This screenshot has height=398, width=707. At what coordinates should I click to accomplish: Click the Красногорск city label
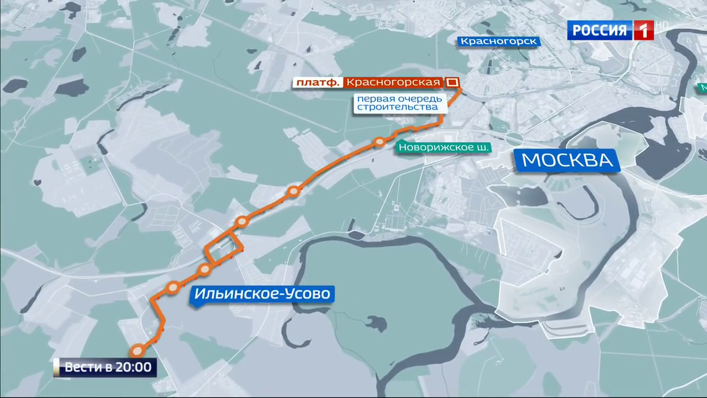pos(498,41)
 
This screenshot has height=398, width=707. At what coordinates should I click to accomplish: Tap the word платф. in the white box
pos(317,83)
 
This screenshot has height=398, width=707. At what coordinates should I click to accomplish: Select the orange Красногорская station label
pos(392,83)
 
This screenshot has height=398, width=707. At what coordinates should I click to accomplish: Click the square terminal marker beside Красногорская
pos(452,82)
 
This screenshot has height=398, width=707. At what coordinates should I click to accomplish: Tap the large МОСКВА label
pos(568,160)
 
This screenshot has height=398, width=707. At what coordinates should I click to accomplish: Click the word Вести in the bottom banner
pos(80,368)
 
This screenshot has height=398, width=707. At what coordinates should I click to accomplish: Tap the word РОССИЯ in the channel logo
pos(600,30)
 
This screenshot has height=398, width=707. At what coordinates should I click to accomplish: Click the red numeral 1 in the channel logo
pos(643,30)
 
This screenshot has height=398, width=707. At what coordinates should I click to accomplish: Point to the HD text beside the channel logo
pos(661,26)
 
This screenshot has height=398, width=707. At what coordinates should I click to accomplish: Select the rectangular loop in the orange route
pos(224,246)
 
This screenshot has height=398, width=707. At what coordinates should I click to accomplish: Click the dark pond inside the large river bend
pos(374,323)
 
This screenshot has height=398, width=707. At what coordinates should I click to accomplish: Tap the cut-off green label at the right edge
pos(702,87)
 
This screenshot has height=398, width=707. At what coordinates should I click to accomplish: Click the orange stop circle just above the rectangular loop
pos(242,222)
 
